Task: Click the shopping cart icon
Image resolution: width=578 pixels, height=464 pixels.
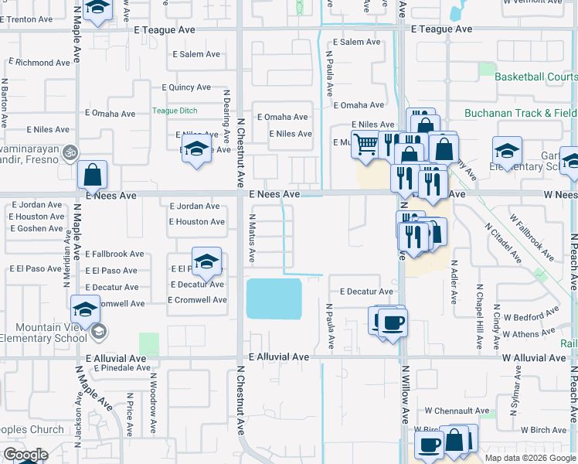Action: coord(365,144)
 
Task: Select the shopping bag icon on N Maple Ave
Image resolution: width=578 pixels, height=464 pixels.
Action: coord(93,175)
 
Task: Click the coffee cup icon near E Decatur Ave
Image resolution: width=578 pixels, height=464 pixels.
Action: coord(392,321)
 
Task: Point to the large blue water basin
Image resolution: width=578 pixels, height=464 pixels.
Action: coord(274,299)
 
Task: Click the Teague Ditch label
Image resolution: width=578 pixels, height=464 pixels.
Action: coord(175,111)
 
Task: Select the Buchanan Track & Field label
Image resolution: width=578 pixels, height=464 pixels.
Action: coord(520,113)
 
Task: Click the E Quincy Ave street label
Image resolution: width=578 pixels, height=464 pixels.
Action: coord(185,88)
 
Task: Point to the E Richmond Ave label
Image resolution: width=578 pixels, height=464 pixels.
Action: coord(39,61)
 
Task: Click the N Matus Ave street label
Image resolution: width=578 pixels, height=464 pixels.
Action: coord(253,238)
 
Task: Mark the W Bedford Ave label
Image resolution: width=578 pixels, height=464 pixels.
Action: coord(531,321)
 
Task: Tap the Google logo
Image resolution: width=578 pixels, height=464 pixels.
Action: coord(25,455)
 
